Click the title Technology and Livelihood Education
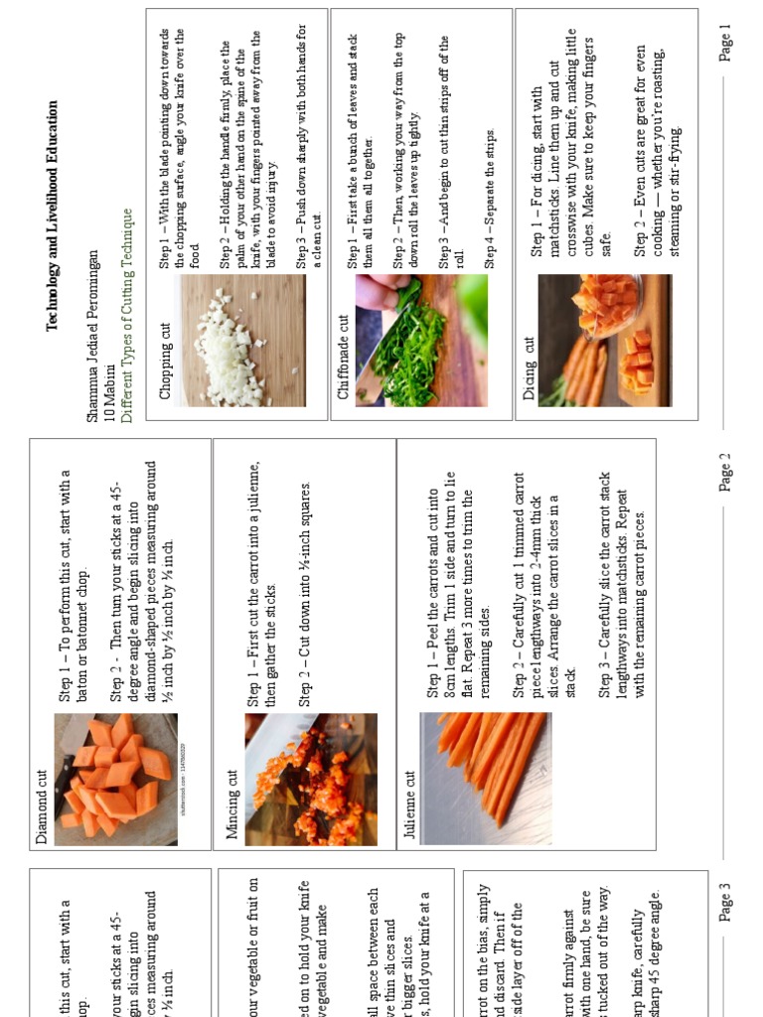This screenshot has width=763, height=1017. [x=53, y=214]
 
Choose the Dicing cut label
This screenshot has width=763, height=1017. [x=529, y=369]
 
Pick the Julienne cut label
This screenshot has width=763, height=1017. [x=409, y=803]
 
